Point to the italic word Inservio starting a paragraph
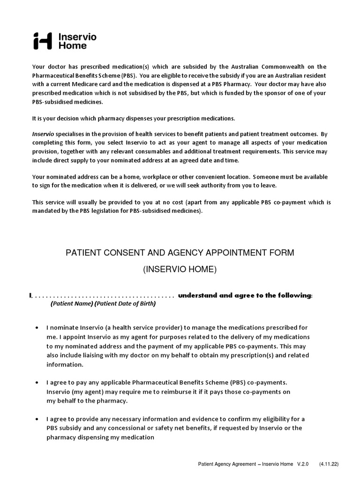[x=43, y=134]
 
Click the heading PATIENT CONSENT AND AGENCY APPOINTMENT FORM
[x=180, y=253]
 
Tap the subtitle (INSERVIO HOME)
[x=180, y=270]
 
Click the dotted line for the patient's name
[x=103, y=296]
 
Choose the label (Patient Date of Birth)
[x=125, y=304]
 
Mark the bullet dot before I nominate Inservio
[x=37, y=328]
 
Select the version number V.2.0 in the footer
[x=303, y=465]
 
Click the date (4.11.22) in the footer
[x=329, y=465]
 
